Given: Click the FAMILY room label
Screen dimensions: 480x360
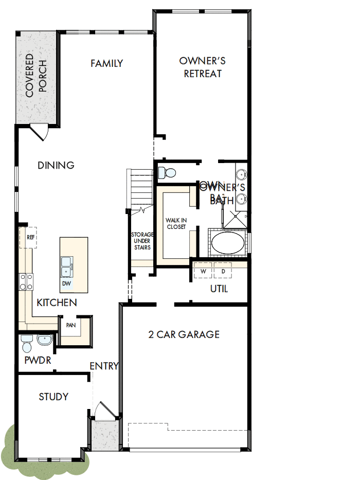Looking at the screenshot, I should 106,63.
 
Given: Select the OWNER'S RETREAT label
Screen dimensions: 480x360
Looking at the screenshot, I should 203,67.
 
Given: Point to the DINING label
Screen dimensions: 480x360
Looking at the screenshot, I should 56,165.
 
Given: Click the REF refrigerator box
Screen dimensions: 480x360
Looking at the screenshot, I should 31,237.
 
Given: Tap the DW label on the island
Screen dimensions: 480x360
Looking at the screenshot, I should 66,283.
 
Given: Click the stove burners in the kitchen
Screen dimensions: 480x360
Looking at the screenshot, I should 26,282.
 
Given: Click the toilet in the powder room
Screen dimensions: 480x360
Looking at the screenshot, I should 27,341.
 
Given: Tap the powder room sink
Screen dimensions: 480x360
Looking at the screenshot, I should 44,341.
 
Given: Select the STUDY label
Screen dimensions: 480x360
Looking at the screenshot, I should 53,397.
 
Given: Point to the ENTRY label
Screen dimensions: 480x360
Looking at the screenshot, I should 104,366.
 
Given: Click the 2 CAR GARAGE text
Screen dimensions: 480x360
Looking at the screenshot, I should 184,334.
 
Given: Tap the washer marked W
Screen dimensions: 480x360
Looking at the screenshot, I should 203,271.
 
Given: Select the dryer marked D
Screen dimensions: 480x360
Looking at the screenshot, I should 223,271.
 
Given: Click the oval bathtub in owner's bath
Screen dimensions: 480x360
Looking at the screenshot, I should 229,243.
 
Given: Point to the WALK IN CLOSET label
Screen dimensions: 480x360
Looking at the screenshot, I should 176,223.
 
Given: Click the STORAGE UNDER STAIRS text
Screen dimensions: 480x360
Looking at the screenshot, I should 141,241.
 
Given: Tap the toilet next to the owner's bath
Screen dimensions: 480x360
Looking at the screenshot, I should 167,171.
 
